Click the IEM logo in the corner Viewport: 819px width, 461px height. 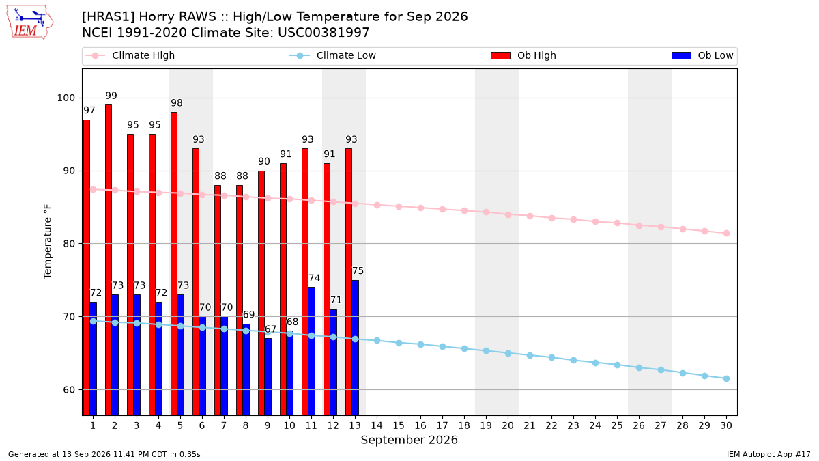point(29,23)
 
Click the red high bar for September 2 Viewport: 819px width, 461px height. point(109,260)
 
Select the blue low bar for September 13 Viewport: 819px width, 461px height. point(356,348)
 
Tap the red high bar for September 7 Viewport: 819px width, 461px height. point(218,300)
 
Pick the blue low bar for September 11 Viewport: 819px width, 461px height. point(311,351)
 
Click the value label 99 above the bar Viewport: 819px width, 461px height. point(111,96)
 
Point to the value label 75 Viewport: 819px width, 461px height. point(358,270)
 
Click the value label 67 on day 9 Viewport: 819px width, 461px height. point(270,329)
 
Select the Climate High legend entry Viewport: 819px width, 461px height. point(130,55)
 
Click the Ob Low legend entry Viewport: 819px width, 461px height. point(702,55)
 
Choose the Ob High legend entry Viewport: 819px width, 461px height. point(523,55)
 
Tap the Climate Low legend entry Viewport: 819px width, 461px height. point(333,55)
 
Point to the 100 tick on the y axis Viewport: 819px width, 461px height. point(66,98)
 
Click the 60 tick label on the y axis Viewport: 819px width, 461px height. point(69,390)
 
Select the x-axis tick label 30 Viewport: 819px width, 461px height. point(726,425)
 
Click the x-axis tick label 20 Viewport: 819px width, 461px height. point(508,425)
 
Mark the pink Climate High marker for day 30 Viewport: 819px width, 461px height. point(726,233)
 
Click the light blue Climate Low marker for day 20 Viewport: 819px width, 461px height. point(508,354)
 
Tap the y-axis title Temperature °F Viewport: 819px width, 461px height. point(48,242)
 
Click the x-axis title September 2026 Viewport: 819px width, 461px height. point(409,440)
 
